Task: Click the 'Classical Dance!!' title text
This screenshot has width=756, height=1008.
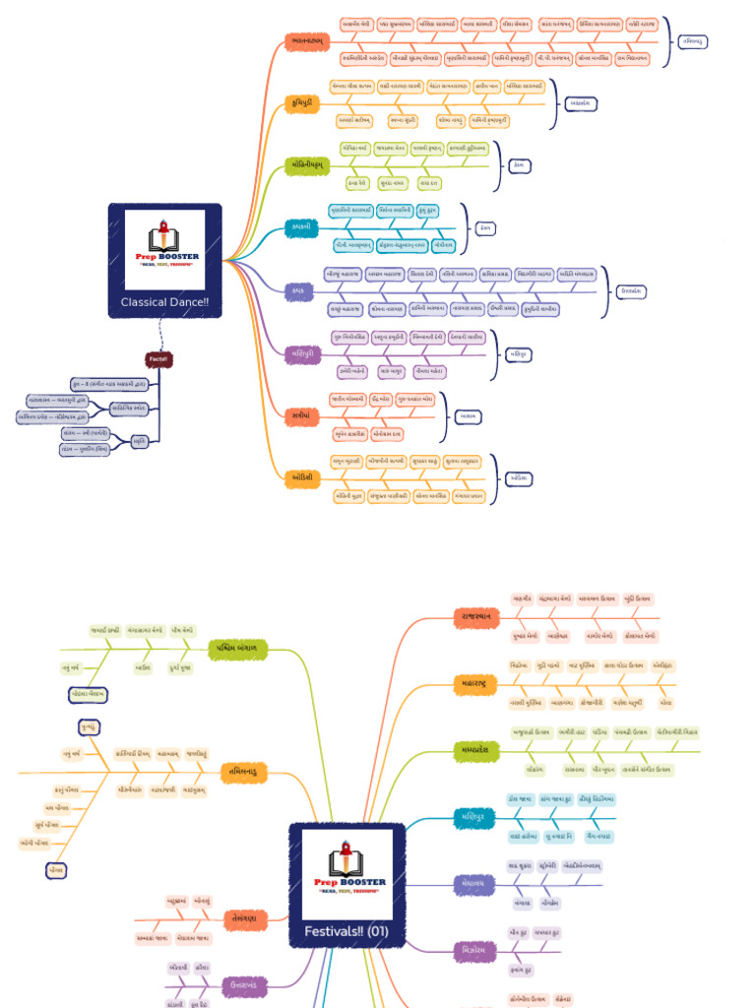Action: tap(164, 302)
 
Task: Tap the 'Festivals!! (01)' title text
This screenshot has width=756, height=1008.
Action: tap(346, 931)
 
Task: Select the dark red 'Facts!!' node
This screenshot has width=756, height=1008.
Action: tap(157, 359)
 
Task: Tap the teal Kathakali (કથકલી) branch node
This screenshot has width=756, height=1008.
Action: tap(301, 226)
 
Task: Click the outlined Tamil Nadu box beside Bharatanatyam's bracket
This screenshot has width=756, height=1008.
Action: tap(693, 41)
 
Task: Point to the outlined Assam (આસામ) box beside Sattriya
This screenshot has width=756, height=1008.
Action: tap(470, 416)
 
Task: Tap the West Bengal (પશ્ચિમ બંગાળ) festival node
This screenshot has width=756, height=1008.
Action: tap(238, 648)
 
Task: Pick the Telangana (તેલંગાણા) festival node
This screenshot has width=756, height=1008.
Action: tap(239, 917)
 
